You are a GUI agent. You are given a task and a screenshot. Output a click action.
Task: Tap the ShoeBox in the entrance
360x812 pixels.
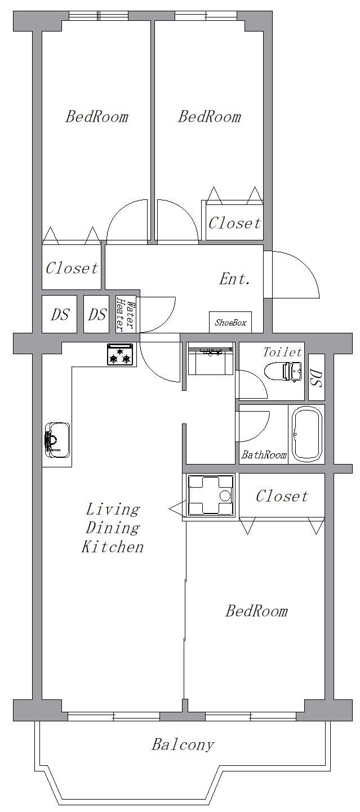pos(230,322)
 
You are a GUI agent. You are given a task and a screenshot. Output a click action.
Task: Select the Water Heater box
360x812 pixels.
pos(125,314)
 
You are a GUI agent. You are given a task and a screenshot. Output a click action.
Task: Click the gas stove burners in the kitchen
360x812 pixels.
pos(121,355)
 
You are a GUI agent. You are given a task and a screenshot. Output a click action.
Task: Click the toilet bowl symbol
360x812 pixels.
pos(282,372)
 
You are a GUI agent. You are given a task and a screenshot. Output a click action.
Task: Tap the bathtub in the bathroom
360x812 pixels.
pos(306,434)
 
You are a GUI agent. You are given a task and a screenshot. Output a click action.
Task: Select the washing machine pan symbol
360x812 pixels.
pos(210,495)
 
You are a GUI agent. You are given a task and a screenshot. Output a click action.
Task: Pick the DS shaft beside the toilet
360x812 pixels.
pos(316,378)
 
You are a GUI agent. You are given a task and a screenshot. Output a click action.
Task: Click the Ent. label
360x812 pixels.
pos(234,279)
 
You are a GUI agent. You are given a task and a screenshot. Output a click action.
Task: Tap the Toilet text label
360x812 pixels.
pos(282,351)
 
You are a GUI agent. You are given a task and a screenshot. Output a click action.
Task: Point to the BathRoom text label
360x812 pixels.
pos(264,454)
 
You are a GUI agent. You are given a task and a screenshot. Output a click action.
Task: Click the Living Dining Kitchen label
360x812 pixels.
pos(112,528)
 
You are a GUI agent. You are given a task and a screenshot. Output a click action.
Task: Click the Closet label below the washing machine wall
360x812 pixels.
pos(281,496)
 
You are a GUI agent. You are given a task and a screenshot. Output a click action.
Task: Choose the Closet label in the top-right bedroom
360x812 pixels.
pos(234,223)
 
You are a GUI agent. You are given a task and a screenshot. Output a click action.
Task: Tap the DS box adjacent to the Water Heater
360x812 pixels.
pos(97,314)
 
